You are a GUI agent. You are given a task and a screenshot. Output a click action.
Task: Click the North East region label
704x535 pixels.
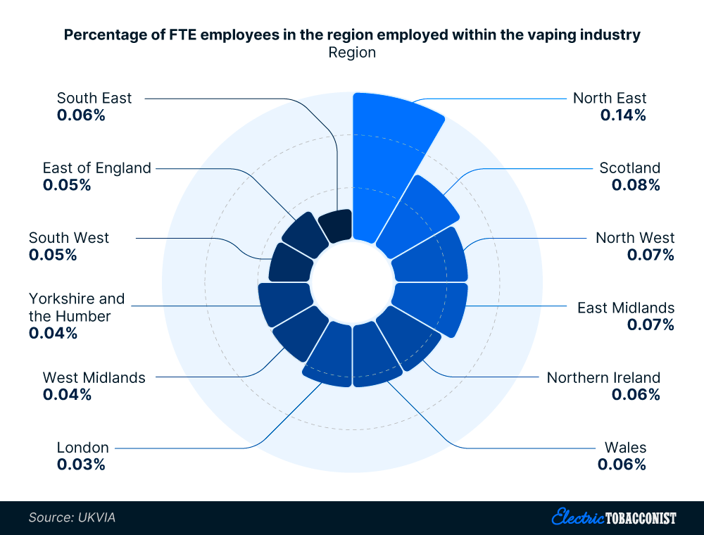point(609,98)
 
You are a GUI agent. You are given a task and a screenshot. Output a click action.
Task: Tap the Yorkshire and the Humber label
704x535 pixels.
point(76,308)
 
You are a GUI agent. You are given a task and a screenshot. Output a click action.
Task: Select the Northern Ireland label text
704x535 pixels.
point(603,377)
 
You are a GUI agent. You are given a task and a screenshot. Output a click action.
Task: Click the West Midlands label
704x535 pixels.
point(94,377)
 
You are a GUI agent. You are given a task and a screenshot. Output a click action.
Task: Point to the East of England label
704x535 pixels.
point(96,168)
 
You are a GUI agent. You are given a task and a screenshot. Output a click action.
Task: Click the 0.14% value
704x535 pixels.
point(622,115)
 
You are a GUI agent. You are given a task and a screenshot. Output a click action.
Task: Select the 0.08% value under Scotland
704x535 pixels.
point(636,185)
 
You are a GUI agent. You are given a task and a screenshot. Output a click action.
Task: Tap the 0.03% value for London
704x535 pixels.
point(81,465)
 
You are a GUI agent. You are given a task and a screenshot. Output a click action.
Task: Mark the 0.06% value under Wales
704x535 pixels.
point(622,465)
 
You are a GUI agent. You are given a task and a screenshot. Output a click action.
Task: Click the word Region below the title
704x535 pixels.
point(352,53)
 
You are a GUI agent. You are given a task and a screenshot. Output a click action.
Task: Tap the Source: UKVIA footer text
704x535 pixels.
point(72,517)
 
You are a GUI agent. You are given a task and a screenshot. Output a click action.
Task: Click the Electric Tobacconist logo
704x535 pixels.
point(613,517)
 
